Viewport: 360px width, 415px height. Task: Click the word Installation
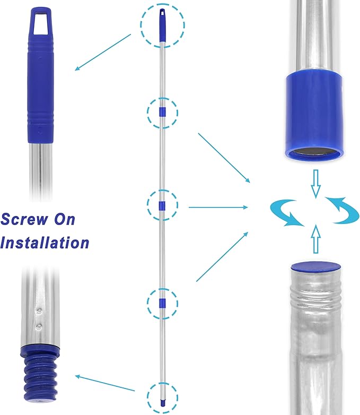pos(45,243)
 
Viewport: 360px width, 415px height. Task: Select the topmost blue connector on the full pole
pos(162,113)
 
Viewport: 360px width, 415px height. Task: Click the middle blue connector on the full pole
pos(162,205)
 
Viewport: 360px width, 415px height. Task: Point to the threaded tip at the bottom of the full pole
pos(162,396)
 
